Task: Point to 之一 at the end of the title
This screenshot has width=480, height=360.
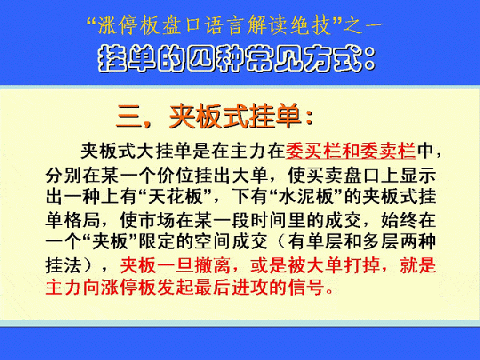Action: click(x=362, y=26)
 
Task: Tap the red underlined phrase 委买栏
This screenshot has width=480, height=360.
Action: click(x=313, y=151)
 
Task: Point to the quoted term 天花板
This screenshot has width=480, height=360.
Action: click(x=176, y=197)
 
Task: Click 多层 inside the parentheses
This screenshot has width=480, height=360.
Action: click(x=381, y=242)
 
